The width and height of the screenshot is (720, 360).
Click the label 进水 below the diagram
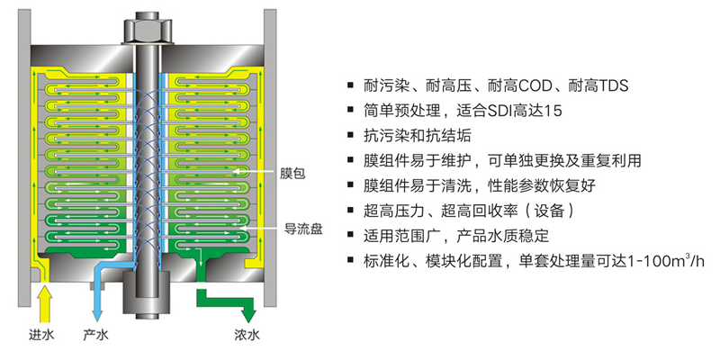pyautogui.click(x=40, y=336)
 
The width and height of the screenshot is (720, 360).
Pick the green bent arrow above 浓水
pyautogui.click(x=229, y=301)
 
